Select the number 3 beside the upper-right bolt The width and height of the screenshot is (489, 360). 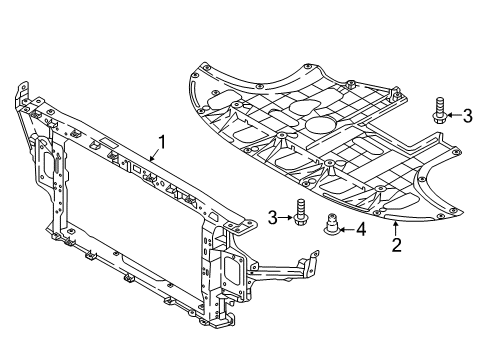pyautogui.click(x=468, y=117)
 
